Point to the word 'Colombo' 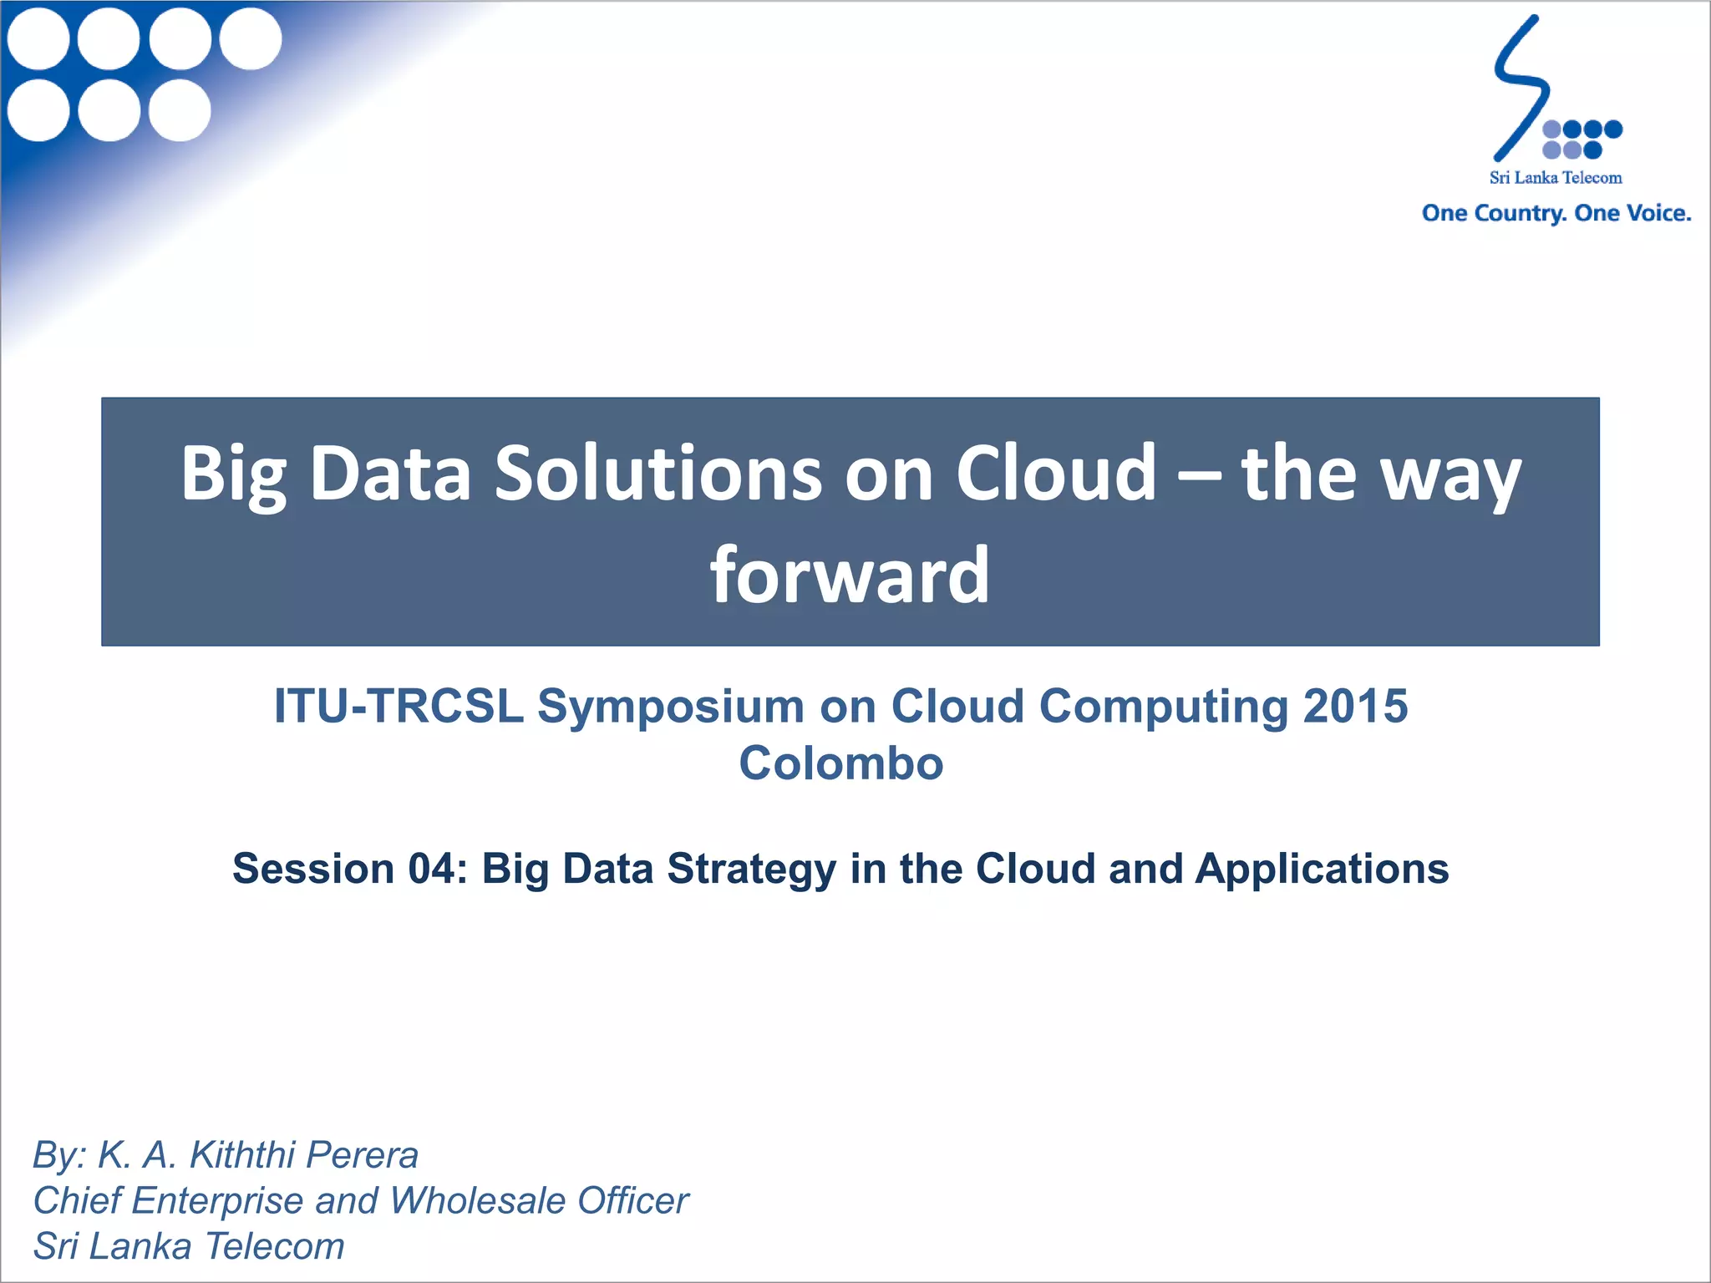coord(841,763)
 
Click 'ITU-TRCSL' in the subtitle coord(399,707)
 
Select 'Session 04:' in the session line coord(349,869)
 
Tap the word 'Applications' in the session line coord(1322,869)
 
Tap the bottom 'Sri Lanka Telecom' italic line coord(189,1246)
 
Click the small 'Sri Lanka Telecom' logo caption coord(1556,178)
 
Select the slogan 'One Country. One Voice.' coord(1556,214)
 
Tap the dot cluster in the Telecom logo coord(1582,139)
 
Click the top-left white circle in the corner coord(38,38)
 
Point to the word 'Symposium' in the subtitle coord(671,707)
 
